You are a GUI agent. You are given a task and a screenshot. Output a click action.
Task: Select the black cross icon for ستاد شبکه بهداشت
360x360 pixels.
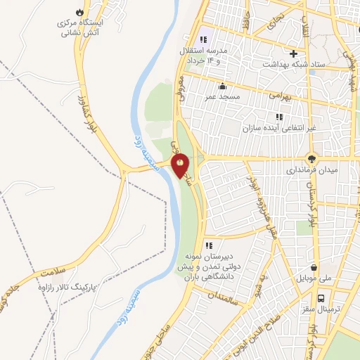294,53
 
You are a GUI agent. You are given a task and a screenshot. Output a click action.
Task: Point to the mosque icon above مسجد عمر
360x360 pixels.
222,86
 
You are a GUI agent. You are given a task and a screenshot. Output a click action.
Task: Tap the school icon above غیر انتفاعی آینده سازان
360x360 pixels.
279,117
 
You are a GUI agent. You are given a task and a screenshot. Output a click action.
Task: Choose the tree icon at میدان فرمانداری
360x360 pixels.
311,159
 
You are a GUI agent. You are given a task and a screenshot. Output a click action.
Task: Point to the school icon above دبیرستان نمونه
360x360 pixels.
208,245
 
